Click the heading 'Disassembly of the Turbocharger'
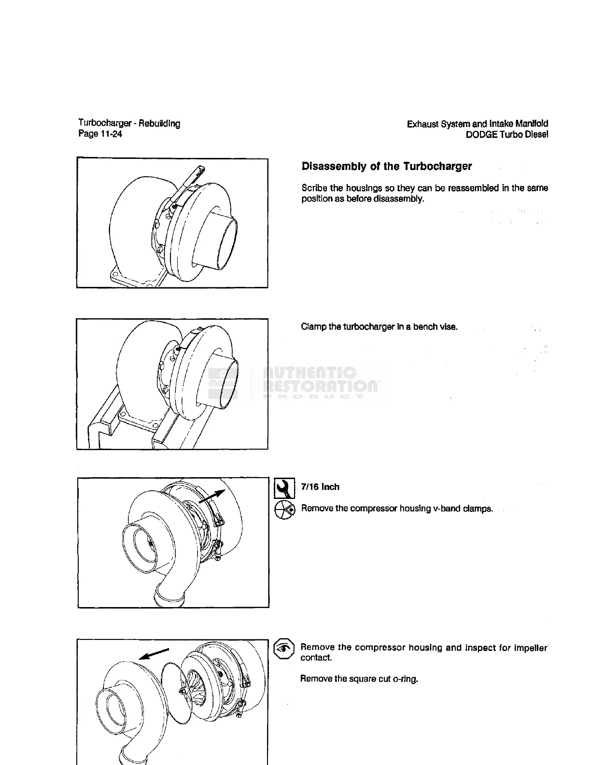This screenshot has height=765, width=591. (x=386, y=167)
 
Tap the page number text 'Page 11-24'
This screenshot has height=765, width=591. (x=100, y=134)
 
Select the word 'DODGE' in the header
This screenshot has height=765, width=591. (x=481, y=135)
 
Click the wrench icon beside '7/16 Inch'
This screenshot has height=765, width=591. (x=284, y=488)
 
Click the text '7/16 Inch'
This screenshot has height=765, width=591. (x=320, y=487)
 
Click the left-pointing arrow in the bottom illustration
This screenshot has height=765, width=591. (x=154, y=653)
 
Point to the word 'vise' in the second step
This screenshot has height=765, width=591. (x=449, y=327)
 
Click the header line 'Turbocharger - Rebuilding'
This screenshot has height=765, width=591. (x=129, y=124)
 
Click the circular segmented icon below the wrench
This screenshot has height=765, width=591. (x=284, y=510)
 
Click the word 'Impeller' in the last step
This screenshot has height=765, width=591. (x=530, y=648)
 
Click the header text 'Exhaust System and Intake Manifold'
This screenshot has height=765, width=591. (x=477, y=124)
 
